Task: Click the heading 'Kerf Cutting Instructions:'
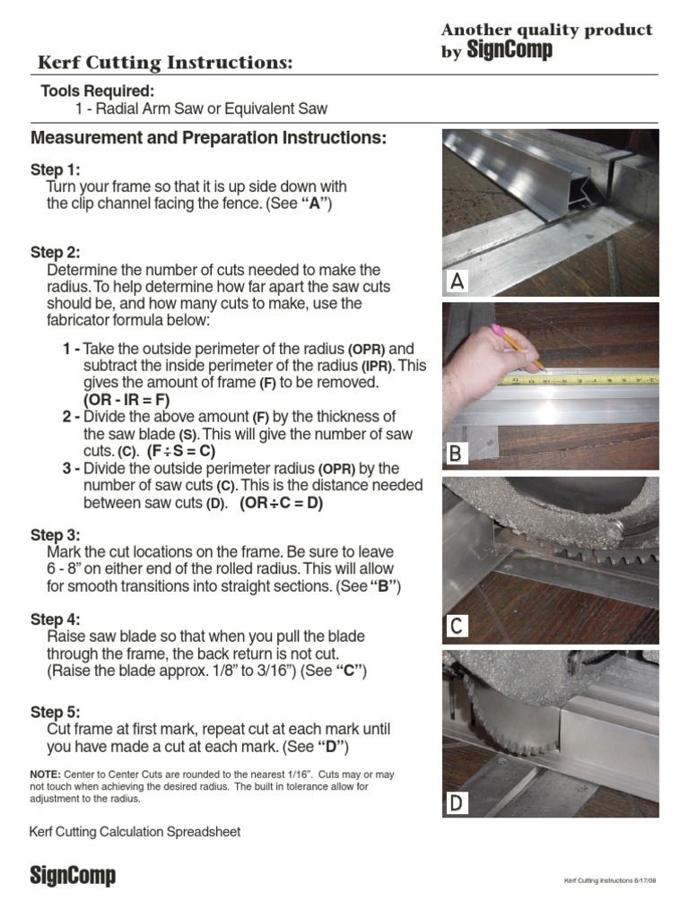point(165,63)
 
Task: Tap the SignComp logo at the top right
point(509,52)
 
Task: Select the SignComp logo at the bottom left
point(73,875)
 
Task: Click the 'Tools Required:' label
point(97,91)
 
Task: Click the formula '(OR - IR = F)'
point(126,400)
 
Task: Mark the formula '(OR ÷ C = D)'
point(281,503)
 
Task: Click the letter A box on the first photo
point(457,282)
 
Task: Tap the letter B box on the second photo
point(457,455)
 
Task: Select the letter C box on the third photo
point(457,626)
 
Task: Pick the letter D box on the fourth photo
point(457,803)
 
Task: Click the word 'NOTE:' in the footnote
point(45,774)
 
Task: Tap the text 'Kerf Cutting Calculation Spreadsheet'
point(135,832)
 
